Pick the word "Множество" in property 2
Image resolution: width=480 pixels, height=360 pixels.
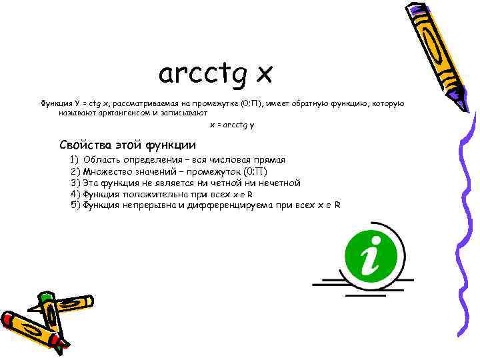[x=105, y=171]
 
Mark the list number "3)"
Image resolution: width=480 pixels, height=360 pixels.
[x=75, y=183]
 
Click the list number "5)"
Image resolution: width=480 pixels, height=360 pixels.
[x=75, y=205]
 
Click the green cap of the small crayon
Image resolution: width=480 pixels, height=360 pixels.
[x=45, y=298]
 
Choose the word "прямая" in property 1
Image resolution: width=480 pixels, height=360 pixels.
[x=270, y=160]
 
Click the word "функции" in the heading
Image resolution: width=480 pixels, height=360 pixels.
[x=172, y=145]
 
